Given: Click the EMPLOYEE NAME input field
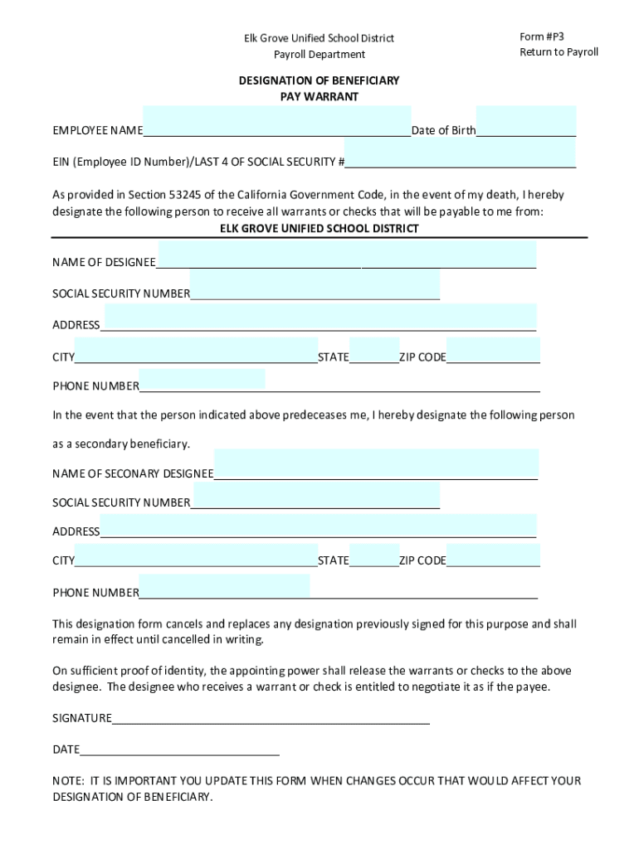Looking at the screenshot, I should click(276, 122).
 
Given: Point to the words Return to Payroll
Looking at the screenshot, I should click(559, 52).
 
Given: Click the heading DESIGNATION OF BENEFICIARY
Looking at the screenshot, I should click(319, 81).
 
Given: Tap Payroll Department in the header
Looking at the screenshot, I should click(319, 55).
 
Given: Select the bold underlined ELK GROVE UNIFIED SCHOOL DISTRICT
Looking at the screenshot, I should click(319, 228).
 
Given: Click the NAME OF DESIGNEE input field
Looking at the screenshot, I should click(347, 255).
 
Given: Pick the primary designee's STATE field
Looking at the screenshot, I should click(374, 351).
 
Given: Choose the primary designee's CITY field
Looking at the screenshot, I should click(196, 357).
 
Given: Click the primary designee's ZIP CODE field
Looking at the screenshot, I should click(493, 351).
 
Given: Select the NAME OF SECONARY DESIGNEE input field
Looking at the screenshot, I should click(376, 464).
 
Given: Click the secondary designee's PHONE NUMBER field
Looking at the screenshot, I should click(224, 585).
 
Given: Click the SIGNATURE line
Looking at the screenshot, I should click(271, 717).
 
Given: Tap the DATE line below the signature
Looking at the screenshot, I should click(179, 749).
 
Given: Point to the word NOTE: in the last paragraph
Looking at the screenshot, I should click(66, 781).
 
